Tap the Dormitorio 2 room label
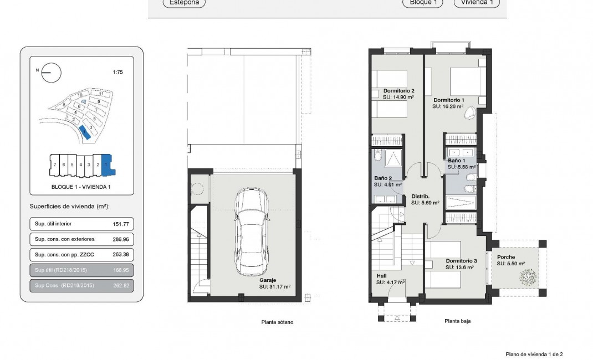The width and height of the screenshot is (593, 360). coord(398,91)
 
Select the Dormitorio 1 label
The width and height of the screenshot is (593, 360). coord(448,100)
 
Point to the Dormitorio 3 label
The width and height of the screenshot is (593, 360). coord(461,261)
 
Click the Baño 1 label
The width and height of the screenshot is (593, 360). coord(457,161)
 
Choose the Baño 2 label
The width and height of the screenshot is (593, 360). coord(383,178)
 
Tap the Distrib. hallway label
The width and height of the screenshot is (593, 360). coord(421,196)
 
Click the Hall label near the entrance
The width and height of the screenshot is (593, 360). coord(381,276)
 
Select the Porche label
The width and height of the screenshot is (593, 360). coord(505,257)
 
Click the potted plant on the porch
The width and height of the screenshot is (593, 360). coord(528,276)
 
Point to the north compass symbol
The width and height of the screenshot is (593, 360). coord(51,72)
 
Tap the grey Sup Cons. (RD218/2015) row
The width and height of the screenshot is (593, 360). coord(81,285)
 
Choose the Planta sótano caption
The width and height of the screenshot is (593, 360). coord(277,322)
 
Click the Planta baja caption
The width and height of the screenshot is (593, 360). coord(457,321)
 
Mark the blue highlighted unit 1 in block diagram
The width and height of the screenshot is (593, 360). coord(106,164)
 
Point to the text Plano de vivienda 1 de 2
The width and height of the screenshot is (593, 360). coord(534,354)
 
